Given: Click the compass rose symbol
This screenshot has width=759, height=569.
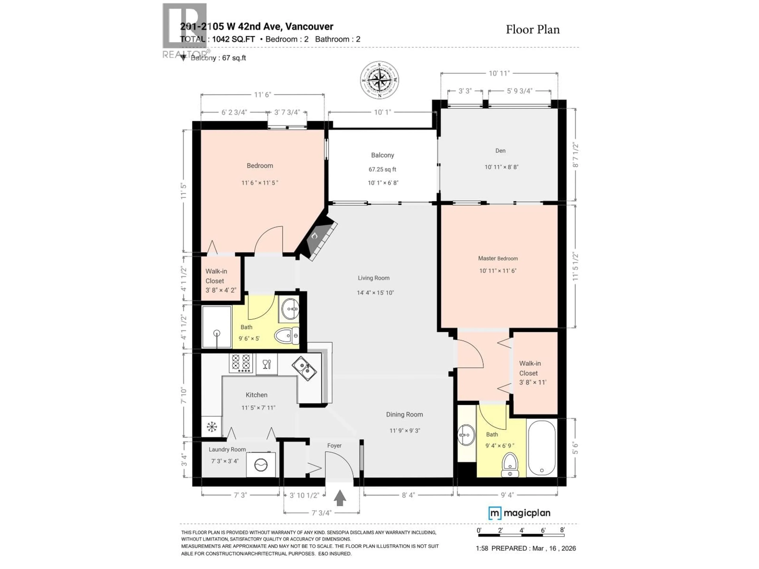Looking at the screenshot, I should [x=379, y=80].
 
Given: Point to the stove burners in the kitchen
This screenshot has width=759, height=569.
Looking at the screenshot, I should [x=241, y=363].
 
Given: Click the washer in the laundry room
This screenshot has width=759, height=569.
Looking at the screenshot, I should [x=261, y=465].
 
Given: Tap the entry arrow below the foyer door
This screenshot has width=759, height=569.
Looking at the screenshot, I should [x=340, y=498].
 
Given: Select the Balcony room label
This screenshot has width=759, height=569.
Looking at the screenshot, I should [x=382, y=155].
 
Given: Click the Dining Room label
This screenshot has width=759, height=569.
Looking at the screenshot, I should [x=404, y=415].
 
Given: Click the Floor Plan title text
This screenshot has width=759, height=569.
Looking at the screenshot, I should [x=532, y=30].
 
